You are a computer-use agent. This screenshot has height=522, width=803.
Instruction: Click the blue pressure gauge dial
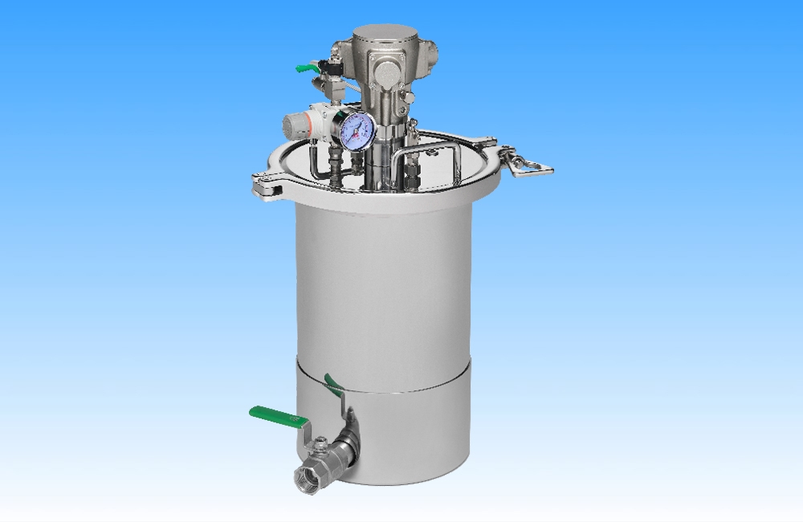click(353, 130)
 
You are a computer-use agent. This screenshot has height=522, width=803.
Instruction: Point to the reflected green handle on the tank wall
click(332, 384)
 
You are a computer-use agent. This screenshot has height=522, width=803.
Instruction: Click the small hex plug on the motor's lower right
click(410, 97)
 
